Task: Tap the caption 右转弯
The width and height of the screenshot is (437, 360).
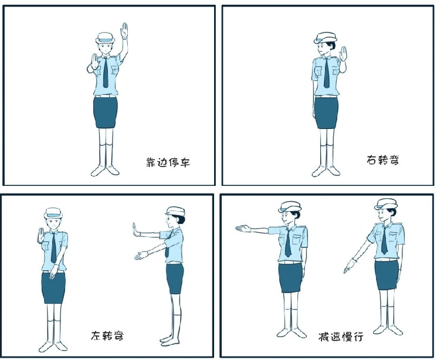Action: pos(382,159)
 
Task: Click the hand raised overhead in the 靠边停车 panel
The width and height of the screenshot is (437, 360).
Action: pos(124,31)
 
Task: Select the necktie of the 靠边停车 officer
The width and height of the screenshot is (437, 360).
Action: pos(106,74)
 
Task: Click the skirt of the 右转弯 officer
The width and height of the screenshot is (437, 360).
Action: pos(326,113)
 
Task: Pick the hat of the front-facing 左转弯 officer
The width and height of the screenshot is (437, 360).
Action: pos(53,212)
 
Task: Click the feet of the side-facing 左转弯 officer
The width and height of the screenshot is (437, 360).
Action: pos(169,340)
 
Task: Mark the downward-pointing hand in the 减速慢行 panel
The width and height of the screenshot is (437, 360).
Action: pos(350,267)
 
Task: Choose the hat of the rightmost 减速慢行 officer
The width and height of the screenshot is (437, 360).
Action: pos(387,203)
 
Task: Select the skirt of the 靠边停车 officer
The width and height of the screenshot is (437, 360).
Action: pos(106,111)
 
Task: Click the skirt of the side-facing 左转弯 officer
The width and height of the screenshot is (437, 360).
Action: pos(174,279)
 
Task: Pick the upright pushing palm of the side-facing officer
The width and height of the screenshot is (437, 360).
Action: pos(135,230)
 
